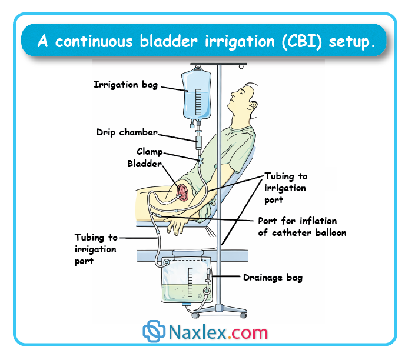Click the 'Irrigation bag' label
point(125,85)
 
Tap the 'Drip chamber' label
point(127,132)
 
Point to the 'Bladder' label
point(144,164)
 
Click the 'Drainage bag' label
point(273,277)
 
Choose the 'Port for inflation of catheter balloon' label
point(302,226)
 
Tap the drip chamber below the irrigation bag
point(198,141)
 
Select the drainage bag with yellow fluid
point(188,282)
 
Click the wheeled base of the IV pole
point(220,308)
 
